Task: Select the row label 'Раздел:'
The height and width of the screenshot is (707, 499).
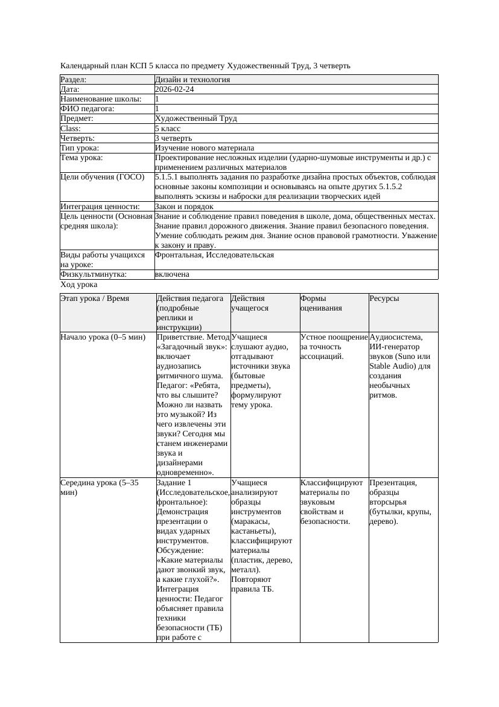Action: (x=74, y=80)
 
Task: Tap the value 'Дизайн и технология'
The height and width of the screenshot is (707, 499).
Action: (x=192, y=80)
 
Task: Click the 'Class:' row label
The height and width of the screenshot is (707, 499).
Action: (x=71, y=129)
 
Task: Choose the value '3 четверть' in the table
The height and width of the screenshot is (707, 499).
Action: (x=176, y=138)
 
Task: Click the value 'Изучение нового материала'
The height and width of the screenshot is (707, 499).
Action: (x=204, y=148)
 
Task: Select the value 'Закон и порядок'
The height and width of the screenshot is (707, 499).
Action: (x=184, y=207)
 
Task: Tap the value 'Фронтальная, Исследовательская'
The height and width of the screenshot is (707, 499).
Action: (x=214, y=255)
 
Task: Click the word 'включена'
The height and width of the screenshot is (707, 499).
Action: (x=172, y=274)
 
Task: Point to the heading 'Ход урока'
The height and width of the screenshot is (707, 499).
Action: (x=79, y=285)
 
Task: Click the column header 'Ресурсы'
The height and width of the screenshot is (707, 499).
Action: (x=384, y=299)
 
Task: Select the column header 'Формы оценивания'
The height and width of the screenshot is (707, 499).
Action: (x=321, y=303)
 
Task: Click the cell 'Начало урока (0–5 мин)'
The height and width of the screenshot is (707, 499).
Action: (x=103, y=337)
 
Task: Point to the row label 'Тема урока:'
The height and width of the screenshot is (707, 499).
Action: (x=82, y=158)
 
